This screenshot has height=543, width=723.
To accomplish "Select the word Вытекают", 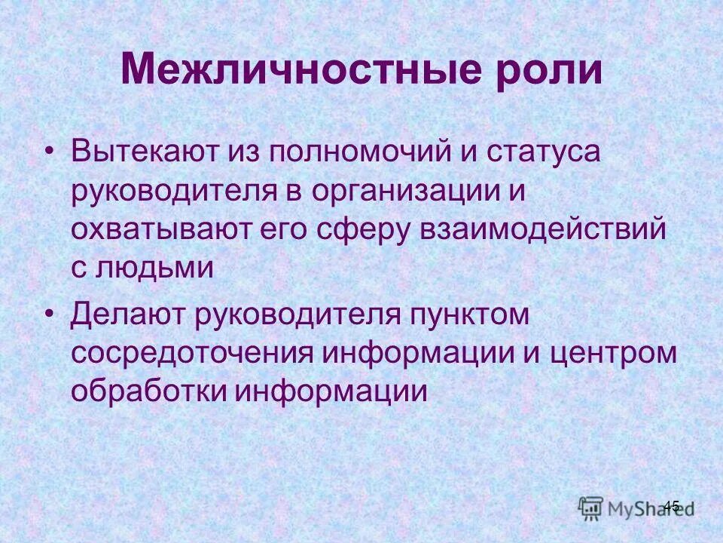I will [x=142, y=151].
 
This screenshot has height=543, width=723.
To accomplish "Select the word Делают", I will [x=127, y=314].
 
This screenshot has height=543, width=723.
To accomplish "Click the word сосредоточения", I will [x=191, y=354].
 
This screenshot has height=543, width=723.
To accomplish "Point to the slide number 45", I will [x=671, y=506].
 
